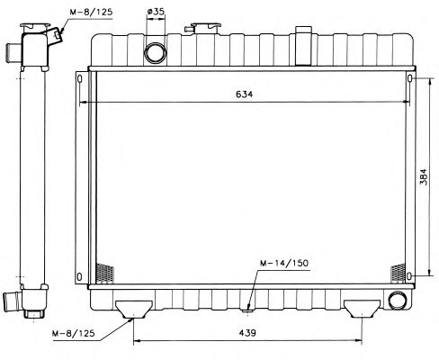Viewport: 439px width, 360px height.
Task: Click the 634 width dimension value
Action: point(244,94)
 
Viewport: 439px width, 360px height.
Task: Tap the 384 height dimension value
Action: point(423,177)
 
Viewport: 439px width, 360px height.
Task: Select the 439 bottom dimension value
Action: point(247,333)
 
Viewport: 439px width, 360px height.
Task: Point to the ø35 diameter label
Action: point(156,12)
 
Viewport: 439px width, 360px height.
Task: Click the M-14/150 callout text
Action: point(284,263)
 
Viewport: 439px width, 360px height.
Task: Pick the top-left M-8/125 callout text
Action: point(91,12)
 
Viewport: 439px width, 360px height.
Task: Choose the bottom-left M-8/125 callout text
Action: point(74,333)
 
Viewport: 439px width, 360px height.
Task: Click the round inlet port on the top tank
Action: point(156,53)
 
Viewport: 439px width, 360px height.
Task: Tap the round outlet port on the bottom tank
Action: point(398,300)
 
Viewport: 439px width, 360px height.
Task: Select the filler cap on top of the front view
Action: point(206,28)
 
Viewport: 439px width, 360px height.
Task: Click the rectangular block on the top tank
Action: point(303,46)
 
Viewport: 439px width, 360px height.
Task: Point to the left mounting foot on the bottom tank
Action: point(134,309)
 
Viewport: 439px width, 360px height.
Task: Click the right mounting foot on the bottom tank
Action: point(362,308)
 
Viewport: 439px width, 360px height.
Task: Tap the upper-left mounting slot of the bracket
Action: point(79,79)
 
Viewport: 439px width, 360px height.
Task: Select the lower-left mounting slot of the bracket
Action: point(79,276)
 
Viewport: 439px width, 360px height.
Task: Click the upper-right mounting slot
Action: point(410,78)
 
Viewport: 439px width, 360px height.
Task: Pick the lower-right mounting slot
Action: point(410,276)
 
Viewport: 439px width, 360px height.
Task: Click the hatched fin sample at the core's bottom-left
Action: point(104,273)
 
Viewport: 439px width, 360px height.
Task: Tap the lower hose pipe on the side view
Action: point(12,301)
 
